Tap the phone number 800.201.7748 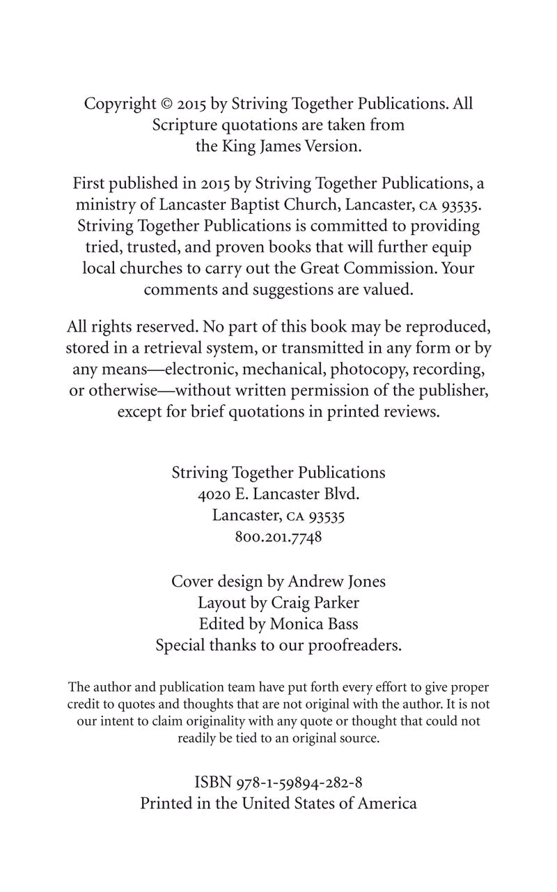tap(278, 538)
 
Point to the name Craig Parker tap(320, 602)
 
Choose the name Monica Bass tap(315, 624)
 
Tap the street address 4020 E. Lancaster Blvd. tap(278, 494)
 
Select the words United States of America tap(329, 803)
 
